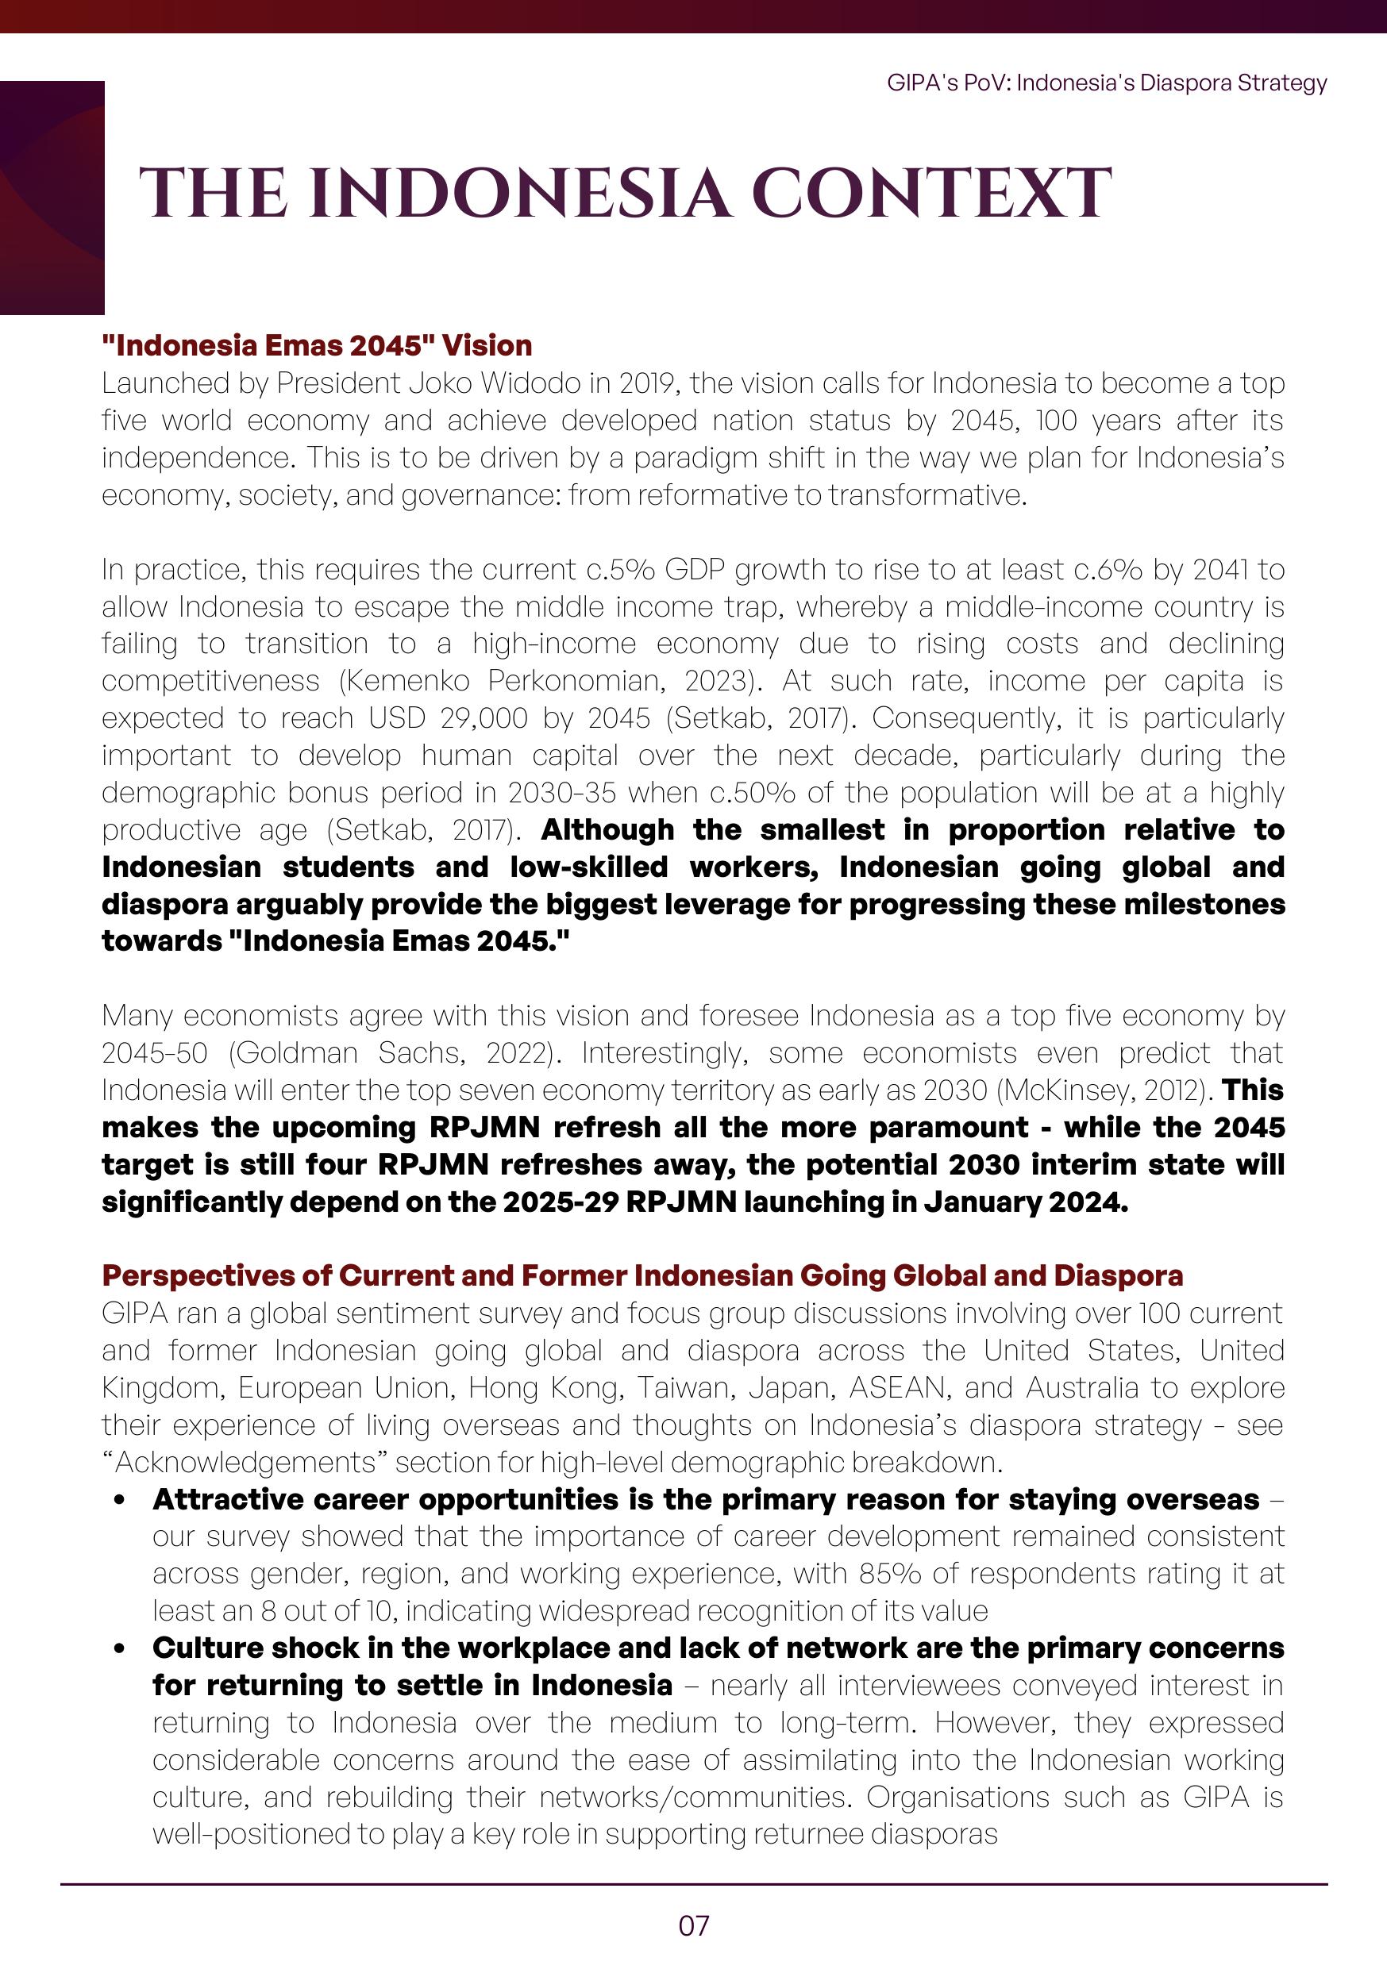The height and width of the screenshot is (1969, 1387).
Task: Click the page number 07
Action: coord(693,1925)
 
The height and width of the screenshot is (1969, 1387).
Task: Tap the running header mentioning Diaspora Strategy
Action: coord(1107,83)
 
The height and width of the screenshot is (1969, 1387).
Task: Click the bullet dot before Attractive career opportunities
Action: coord(119,1500)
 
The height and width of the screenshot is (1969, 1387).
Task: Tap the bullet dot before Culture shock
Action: coord(119,1648)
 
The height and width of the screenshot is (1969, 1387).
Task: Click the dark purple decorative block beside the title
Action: coord(52,198)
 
